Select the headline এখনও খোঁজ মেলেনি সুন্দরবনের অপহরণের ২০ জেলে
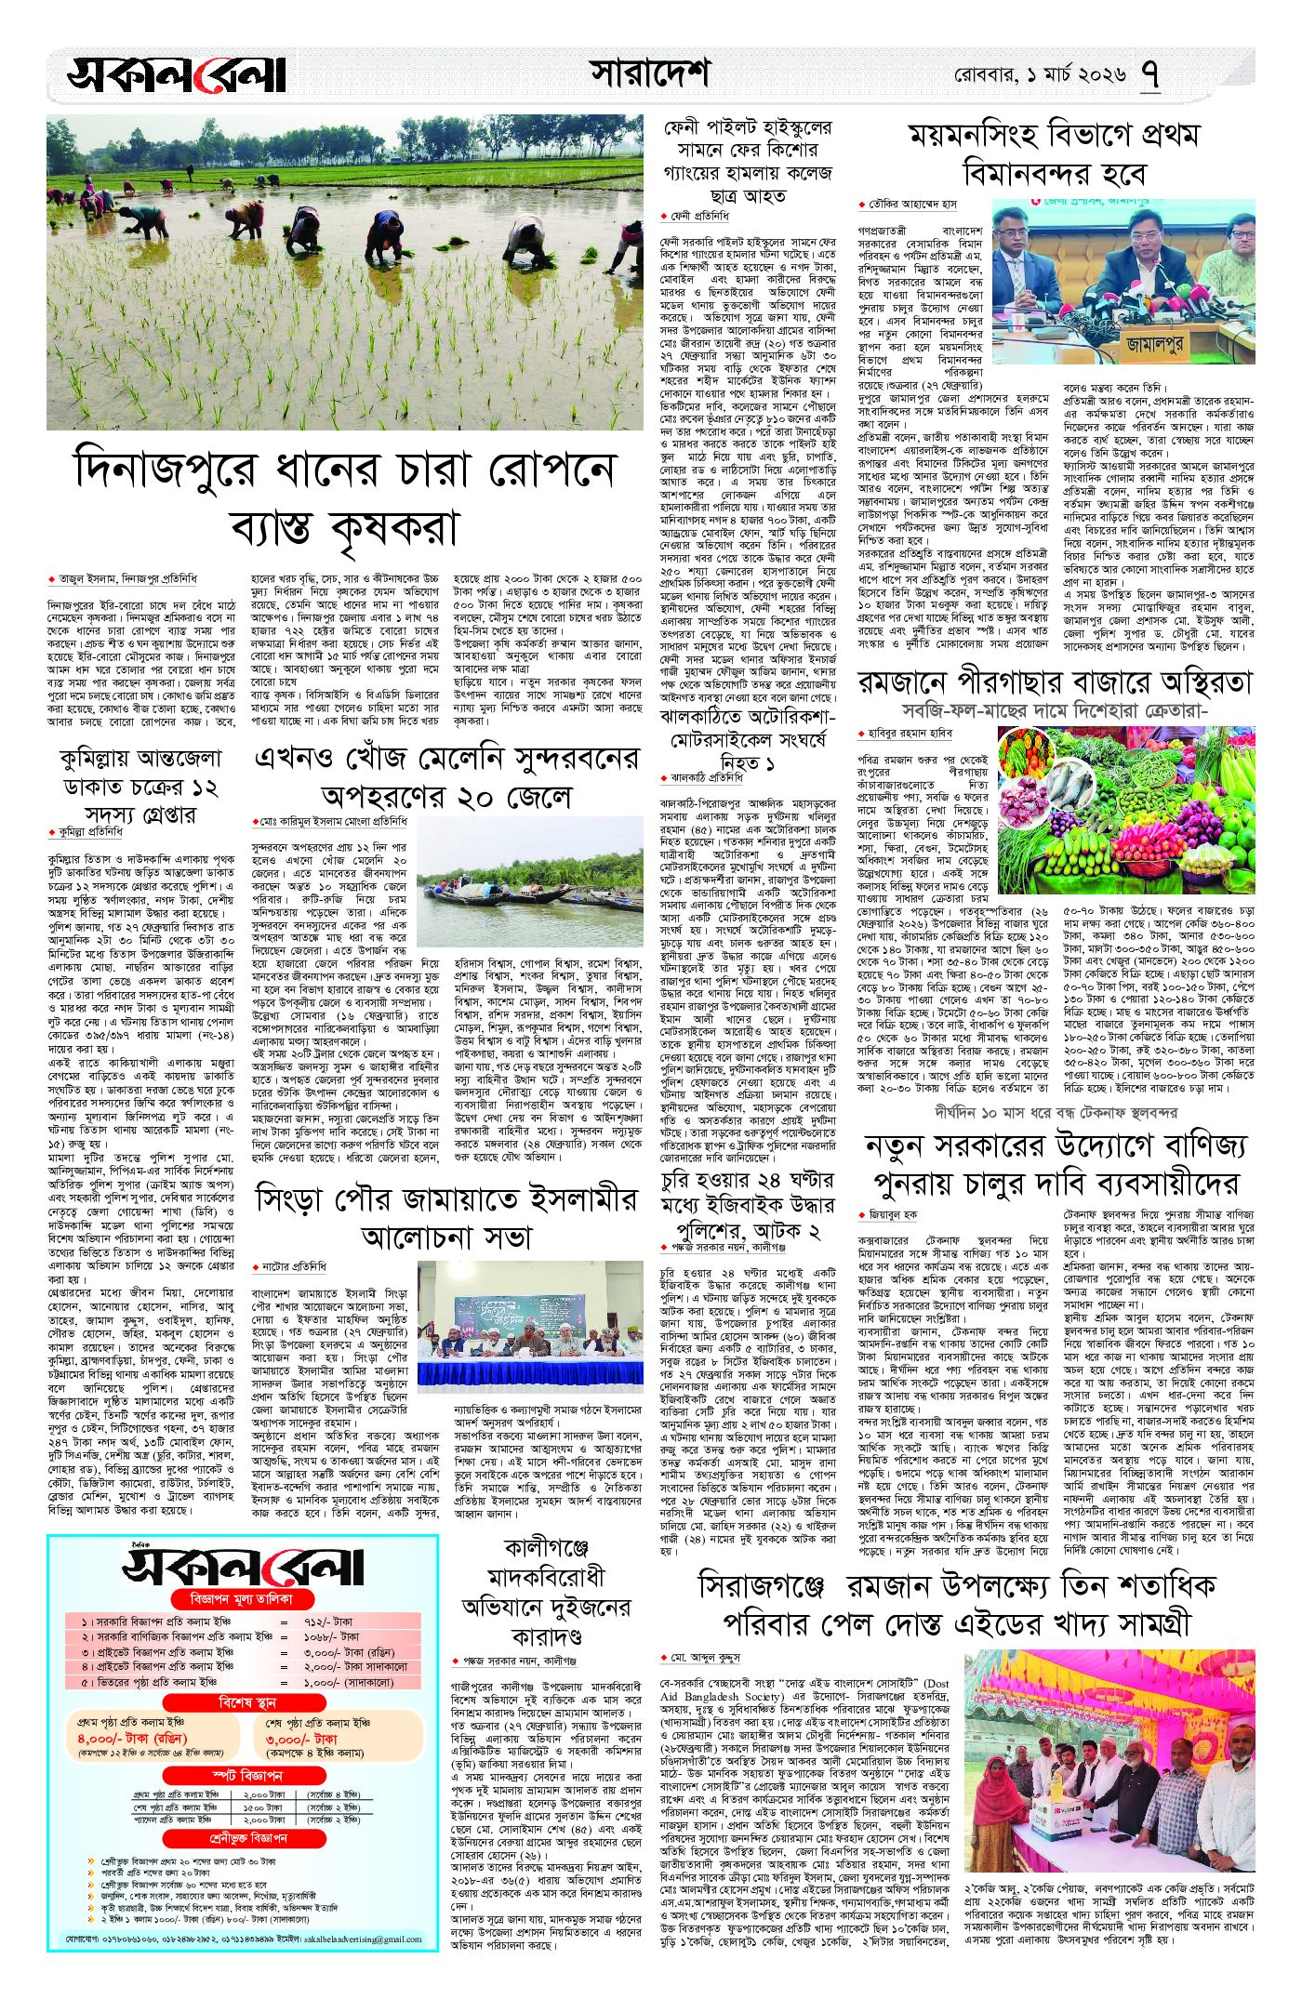(x=446, y=777)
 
